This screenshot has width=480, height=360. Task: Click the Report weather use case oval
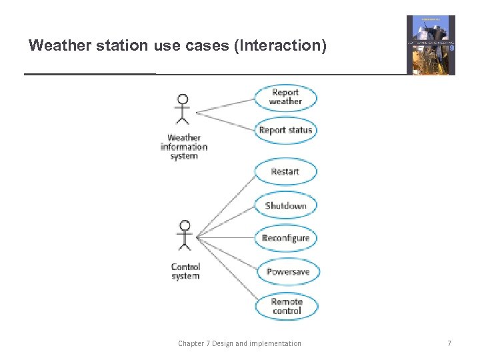[x=285, y=97]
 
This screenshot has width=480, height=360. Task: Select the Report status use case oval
[x=285, y=130]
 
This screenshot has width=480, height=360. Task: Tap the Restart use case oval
[x=285, y=172]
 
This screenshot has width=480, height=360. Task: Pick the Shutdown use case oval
[x=285, y=205]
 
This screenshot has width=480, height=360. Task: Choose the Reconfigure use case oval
[x=285, y=238]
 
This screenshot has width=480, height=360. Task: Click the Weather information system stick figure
[x=181, y=109]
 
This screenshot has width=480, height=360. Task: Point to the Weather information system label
[x=184, y=147]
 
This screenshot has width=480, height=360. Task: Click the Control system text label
[x=185, y=271]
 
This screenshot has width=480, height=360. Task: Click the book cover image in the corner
[x=431, y=45]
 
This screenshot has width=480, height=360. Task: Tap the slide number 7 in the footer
[x=449, y=343]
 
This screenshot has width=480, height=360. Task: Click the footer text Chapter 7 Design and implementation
[x=239, y=343]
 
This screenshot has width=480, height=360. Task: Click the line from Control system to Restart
[x=227, y=203]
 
